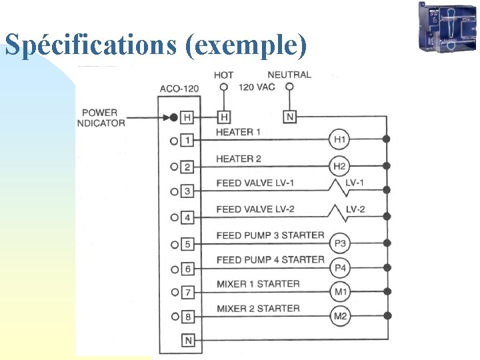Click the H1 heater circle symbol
pyautogui.click(x=340, y=140)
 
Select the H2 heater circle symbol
pyautogui.click(x=340, y=166)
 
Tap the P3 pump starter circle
pyautogui.click(x=340, y=243)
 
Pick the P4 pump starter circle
pyautogui.click(x=340, y=268)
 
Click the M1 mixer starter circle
pyautogui.click(x=340, y=291)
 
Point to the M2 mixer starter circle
pyautogui.click(x=340, y=315)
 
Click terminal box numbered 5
pyautogui.click(x=187, y=244)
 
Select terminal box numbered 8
pyautogui.click(x=187, y=316)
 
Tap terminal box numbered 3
pyautogui.click(x=187, y=191)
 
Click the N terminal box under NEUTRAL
pyautogui.click(x=289, y=117)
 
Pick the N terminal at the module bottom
pyautogui.click(x=187, y=341)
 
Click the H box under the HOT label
pyautogui.click(x=224, y=117)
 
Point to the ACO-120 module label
pyautogui.click(x=179, y=89)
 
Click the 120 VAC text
pyautogui.click(x=257, y=87)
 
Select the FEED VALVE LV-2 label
pyautogui.click(x=255, y=209)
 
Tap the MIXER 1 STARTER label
pyautogui.click(x=258, y=284)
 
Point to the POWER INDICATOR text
pyautogui.click(x=101, y=118)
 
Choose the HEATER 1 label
pyautogui.click(x=239, y=132)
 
